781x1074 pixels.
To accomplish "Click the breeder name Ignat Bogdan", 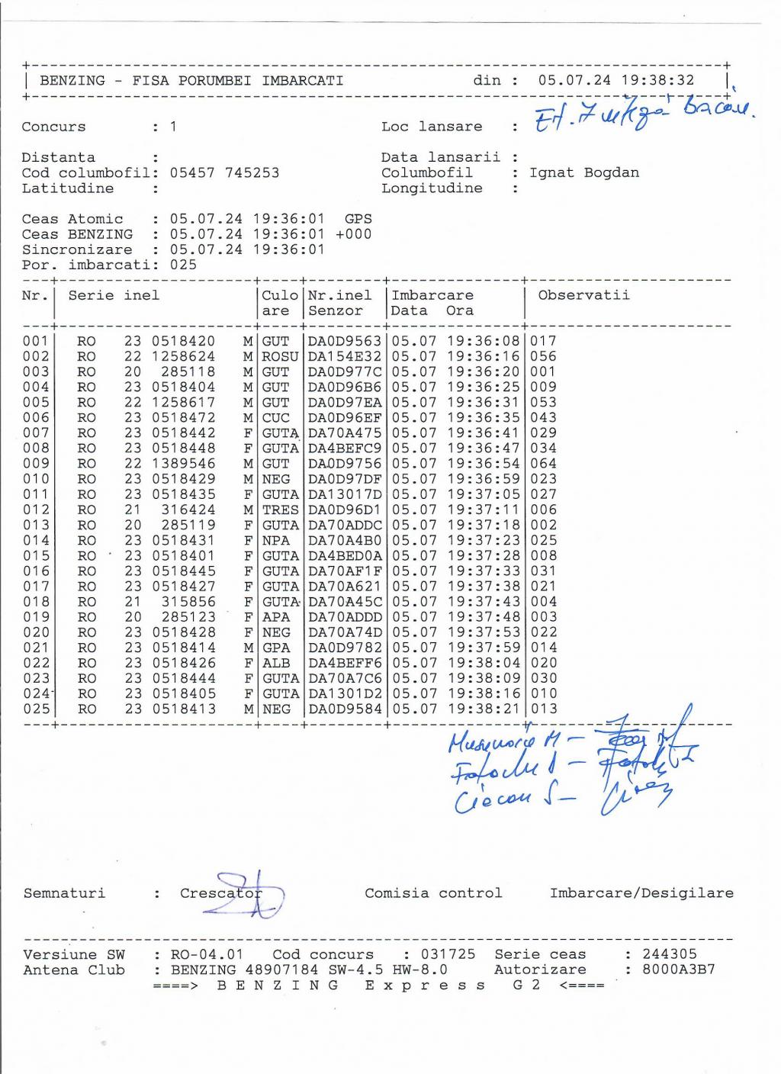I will tap(584, 172).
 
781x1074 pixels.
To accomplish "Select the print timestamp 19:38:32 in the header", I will tap(658, 80).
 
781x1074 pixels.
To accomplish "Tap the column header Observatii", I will tap(583, 295).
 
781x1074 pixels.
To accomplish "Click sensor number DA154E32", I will tap(344, 356).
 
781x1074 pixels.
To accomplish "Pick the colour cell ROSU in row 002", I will tap(280, 356).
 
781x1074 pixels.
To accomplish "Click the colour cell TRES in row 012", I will tap(280, 510).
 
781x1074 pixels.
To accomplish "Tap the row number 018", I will tap(36, 602).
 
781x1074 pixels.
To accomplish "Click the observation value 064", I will tap(544, 464).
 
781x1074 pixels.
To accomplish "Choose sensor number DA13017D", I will tap(344, 494).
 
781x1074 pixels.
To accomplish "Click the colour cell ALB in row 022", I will tap(276, 663).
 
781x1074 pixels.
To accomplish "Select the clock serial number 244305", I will tap(670, 954).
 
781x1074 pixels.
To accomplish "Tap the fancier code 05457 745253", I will tap(224, 172).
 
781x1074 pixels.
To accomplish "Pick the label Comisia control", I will tap(433, 893).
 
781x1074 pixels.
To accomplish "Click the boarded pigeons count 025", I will tap(183, 265).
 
